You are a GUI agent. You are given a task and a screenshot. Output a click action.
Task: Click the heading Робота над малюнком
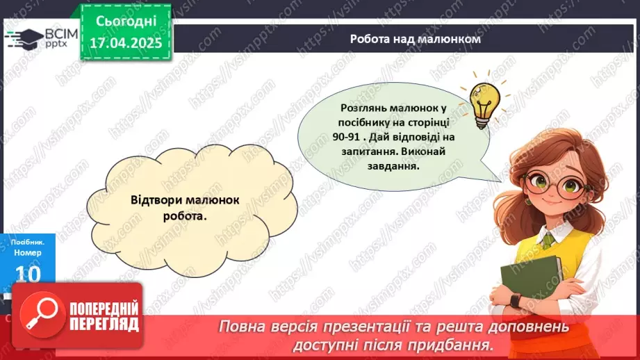pyautogui.click(x=415, y=40)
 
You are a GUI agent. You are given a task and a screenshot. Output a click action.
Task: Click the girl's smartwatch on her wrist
pyautogui.click(x=515, y=301)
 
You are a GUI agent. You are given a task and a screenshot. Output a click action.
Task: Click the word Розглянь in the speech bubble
pyautogui.click(x=366, y=108)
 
